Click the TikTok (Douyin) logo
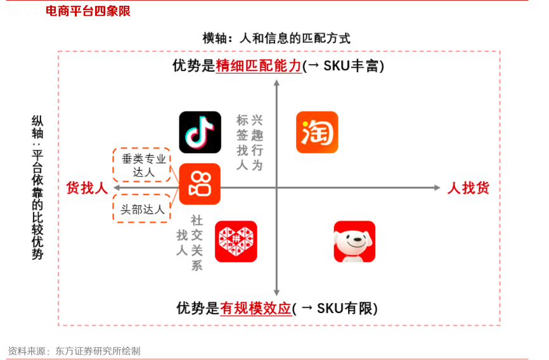click(x=200, y=132)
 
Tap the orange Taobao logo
click(x=317, y=132)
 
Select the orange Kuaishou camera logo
click(x=200, y=184)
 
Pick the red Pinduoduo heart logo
click(x=236, y=241)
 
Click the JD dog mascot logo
click(x=354, y=241)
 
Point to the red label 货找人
click(x=87, y=188)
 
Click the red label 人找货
click(x=468, y=188)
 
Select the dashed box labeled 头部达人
click(x=142, y=209)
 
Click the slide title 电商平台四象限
click(x=88, y=11)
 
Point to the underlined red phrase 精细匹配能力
click(x=259, y=66)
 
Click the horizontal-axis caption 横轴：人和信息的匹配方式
click(x=276, y=38)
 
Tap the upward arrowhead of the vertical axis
click(x=276, y=84)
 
